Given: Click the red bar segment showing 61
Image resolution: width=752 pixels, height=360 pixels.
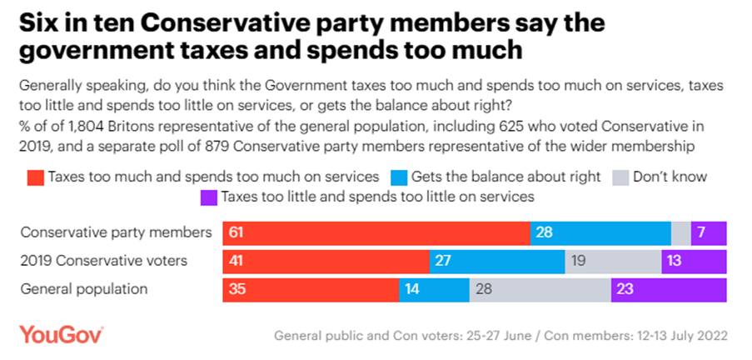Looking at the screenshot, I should pos(376,233).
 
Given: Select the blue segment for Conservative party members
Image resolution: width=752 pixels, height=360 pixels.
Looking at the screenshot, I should pos(600,233).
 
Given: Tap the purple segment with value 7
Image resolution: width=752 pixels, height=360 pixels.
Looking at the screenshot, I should pos(709,233).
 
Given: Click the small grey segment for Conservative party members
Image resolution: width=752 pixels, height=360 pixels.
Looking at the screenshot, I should pos(680,233).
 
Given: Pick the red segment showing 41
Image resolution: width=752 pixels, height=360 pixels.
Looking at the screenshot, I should pos(326,262).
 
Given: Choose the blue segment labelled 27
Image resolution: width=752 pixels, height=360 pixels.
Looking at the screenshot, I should pos(497,262).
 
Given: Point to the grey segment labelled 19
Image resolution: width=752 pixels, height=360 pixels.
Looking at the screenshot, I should pos(613,262).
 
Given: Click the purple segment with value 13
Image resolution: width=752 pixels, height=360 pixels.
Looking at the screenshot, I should pos(694,262).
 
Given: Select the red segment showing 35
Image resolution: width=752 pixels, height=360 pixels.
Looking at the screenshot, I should pos(311,290).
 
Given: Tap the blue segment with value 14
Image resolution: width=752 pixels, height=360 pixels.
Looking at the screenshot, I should pos(434,290).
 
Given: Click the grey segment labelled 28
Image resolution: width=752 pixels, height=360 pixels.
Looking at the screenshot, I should pos(540,290).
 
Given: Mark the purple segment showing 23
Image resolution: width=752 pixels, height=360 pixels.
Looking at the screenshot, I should pos(669,290).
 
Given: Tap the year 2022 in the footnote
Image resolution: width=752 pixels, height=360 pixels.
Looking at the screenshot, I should pos(712,336).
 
